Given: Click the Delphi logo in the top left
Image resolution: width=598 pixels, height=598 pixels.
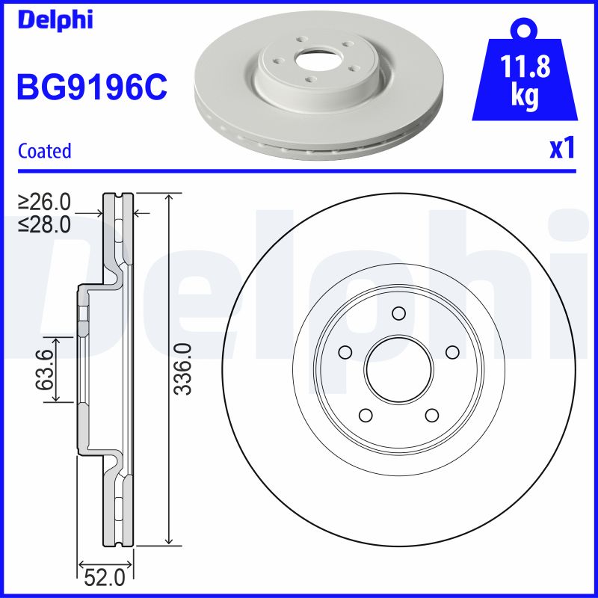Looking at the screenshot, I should tap(55, 19).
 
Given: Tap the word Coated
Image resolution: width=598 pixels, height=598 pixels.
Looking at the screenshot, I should tap(44, 151).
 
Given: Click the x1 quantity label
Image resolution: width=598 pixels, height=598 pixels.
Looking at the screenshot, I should tap(561, 149).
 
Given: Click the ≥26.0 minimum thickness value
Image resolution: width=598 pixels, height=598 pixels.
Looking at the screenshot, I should tap(44, 202).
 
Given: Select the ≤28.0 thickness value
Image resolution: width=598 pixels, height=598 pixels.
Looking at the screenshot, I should tap(44, 224).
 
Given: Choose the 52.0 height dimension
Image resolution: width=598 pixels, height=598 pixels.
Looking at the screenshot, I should tap(105, 577).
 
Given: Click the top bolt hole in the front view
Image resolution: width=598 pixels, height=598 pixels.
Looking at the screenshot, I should tap(398, 312).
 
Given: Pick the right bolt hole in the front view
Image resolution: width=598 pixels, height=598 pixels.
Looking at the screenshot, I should tap(451, 351).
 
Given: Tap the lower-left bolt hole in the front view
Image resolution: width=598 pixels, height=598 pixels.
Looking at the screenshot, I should tap(365, 414).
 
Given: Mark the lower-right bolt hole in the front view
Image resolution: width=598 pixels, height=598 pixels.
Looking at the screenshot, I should tap(431, 414).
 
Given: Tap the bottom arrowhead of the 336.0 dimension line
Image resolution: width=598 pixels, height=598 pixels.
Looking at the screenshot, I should tap(172, 540).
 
